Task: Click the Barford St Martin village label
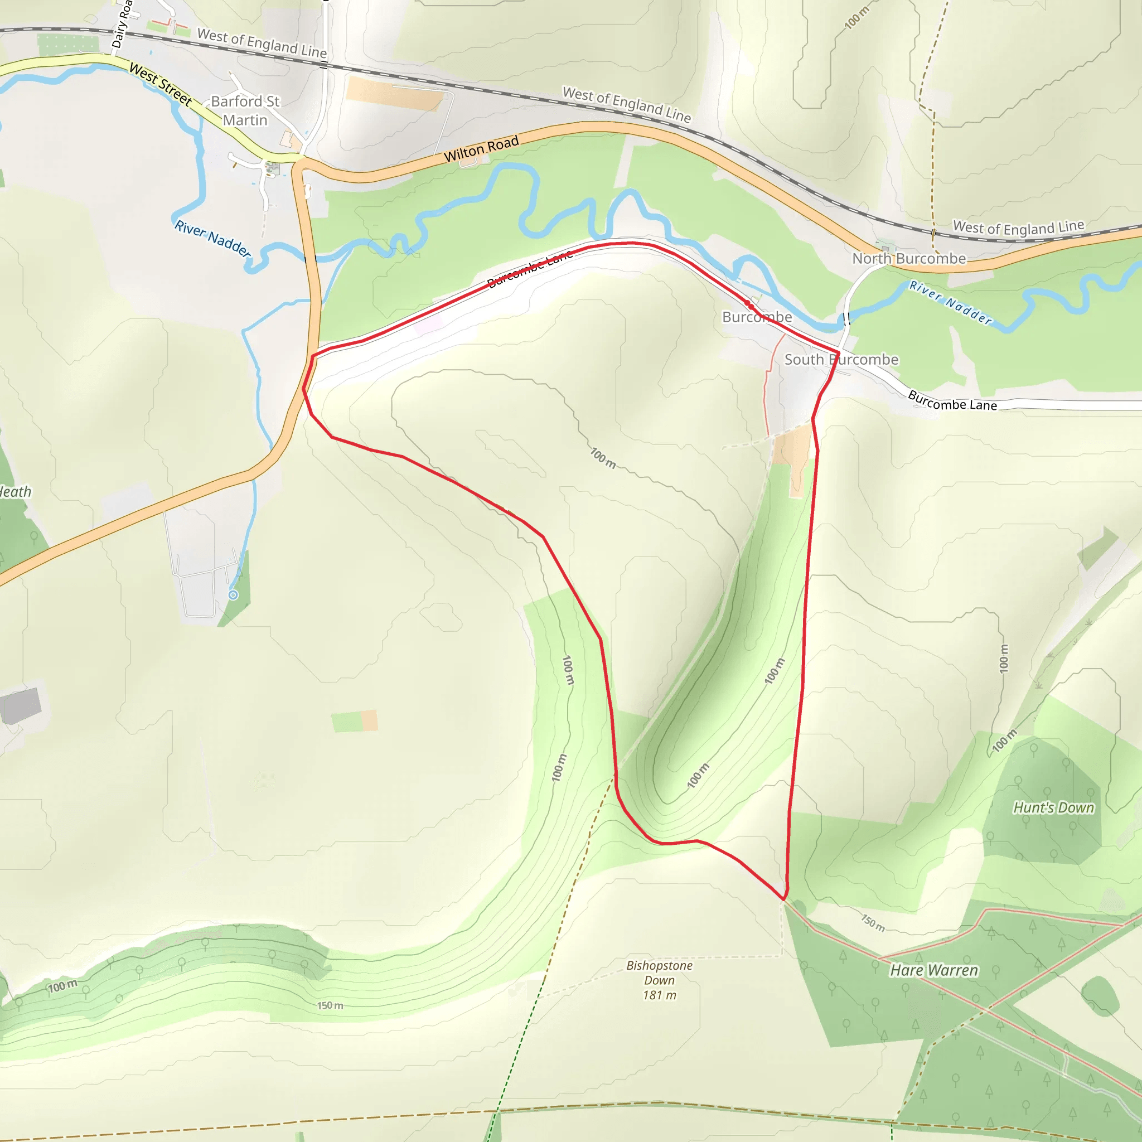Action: [245, 110]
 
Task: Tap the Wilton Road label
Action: [481, 148]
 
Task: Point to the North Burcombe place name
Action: [908, 258]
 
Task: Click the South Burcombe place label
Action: [840, 360]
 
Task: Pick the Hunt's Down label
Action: [1053, 807]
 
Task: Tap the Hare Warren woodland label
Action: [934, 970]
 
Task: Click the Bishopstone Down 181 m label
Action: [659, 980]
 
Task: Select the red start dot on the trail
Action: [748, 304]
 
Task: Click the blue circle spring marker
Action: [233, 594]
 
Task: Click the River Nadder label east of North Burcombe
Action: [951, 303]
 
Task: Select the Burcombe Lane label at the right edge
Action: [952, 401]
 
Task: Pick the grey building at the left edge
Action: [21, 705]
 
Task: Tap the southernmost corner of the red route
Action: [784, 899]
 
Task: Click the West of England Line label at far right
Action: [1018, 227]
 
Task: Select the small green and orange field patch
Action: [354, 721]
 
